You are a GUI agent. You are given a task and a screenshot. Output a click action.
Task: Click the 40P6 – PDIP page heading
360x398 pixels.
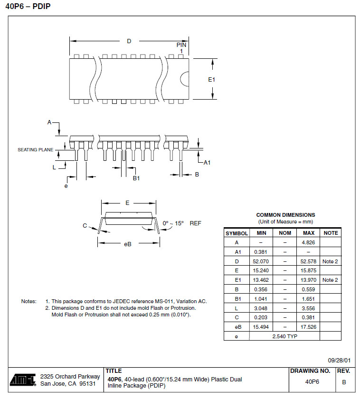pyautogui.click(x=28, y=6)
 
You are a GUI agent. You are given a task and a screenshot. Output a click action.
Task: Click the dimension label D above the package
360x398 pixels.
pyautogui.click(x=129, y=41)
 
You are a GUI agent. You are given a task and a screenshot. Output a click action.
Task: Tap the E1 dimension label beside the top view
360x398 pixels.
pyautogui.click(x=212, y=79)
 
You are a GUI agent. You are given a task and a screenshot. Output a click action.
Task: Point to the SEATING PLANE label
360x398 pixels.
pyautogui.click(x=36, y=149)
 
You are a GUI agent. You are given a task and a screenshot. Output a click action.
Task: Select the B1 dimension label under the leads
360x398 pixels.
pyautogui.click(x=136, y=178)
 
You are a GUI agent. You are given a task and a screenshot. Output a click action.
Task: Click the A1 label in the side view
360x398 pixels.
pyautogui.click(x=207, y=163)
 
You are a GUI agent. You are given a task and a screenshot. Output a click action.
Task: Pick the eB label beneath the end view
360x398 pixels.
pyautogui.click(x=127, y=244)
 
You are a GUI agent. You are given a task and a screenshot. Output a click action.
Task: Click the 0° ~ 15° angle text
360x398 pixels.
pyautogui.click(x=173, y=223)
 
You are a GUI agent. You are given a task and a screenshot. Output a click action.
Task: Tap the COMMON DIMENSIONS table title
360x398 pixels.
pyautogui.click(x=285, y=215)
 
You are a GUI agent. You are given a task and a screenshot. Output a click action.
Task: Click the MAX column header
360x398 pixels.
pyautogui.click(x=309, y=233)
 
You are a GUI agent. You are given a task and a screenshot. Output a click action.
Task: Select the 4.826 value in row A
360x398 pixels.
pyautogui.click(x=309, y=242)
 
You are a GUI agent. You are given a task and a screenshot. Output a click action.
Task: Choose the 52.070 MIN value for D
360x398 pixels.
pyautogui.click(x=261, y=261)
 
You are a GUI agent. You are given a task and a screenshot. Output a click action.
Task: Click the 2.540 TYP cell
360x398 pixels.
pyautogui.click(x=285, y=336)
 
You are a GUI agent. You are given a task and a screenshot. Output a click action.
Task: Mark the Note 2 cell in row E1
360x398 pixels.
pyautogui.click(x=331, y=280)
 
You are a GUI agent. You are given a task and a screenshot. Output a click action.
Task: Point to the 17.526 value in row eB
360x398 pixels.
pyautogui.click(x=309, y=327)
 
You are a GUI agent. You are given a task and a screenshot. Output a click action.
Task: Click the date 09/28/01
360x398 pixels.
pyautogui.click(x=339, y=360)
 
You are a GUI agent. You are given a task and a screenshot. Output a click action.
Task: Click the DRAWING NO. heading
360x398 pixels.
pyautogui.click(x=310, y=371)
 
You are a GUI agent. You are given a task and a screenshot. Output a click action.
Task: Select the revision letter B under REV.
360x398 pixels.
pyautogui.click(x=344, y=382)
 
